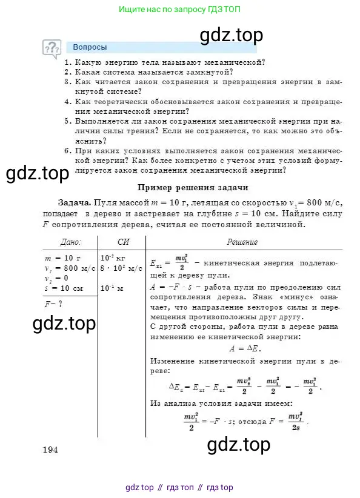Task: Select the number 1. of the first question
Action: (68, 62)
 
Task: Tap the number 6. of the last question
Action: (68, 151)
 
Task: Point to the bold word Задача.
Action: (75, 202)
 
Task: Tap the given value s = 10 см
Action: (65, 287)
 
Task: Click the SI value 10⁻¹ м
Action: (112, 288)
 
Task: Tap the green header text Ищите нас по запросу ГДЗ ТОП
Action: (179, 10)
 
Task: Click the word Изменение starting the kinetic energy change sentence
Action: (172, 361)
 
